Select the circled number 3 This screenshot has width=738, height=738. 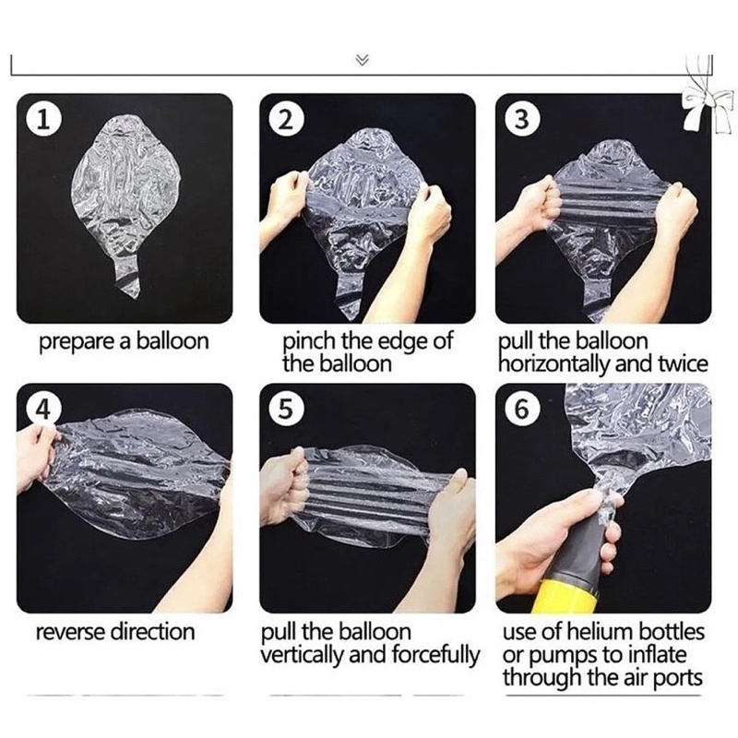(521, 121)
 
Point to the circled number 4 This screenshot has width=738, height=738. (42, 410)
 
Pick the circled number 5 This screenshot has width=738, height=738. (285, 410)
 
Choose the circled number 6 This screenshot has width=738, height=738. (521, 410)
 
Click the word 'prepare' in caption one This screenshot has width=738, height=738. (77, 342)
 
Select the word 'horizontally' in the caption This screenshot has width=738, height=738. (554, 364)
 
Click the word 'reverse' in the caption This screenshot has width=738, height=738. (71, 632)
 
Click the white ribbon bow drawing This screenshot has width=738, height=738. (705, 109)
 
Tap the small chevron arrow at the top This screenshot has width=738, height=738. (362, 60)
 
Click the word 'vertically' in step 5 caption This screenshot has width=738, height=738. (302, 655)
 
